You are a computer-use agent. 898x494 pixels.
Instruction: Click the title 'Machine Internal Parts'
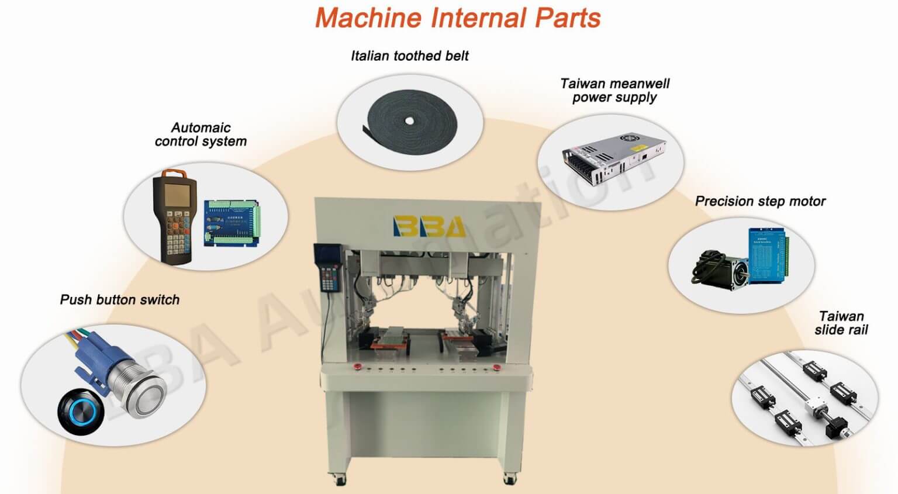point(458,18)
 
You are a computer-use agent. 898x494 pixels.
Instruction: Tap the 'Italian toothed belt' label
point(410,56)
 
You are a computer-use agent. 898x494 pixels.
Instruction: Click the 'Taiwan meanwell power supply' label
point(614,90)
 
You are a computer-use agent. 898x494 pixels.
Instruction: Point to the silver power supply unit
point(614,159)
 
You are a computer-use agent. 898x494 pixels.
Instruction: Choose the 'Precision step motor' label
point(760,201)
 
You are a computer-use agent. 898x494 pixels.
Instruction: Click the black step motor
point(720,269)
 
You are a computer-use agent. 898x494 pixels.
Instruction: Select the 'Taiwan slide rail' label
point(841,323)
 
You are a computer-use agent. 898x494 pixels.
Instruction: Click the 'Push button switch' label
point(119,299)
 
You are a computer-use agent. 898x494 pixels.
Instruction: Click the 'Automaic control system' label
point(201,134)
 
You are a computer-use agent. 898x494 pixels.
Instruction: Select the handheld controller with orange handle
point(175,217)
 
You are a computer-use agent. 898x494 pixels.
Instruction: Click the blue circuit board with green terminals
point(232,223)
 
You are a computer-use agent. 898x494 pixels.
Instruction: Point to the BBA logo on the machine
point(429,226)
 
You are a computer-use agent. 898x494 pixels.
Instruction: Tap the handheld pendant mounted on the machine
point(329,267)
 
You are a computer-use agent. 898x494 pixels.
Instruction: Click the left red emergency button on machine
point(357,366)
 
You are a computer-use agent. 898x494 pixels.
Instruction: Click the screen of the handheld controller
point(177,195)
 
